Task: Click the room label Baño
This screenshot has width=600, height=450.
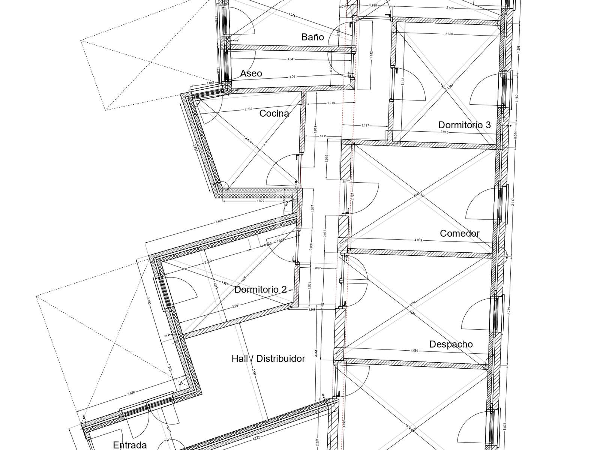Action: (313, 37)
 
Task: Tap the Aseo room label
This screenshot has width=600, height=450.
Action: (251, 73)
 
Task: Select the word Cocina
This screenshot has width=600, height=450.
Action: (274, 113)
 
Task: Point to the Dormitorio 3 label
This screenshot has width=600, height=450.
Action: (464, 125)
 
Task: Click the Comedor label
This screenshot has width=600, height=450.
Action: (460, 233)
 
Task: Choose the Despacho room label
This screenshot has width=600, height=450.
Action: (451, 344)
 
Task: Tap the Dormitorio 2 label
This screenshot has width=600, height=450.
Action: (260, 289)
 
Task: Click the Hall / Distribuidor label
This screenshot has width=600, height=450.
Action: (268, 359)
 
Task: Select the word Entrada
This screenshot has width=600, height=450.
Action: (130, 445)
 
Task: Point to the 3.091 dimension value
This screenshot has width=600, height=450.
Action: (293, 77)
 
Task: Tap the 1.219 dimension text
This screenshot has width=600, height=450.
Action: (331, 103)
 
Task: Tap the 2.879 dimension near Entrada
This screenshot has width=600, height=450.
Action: (131, 393)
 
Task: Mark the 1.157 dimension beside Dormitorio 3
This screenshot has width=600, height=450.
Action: (366, 126)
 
